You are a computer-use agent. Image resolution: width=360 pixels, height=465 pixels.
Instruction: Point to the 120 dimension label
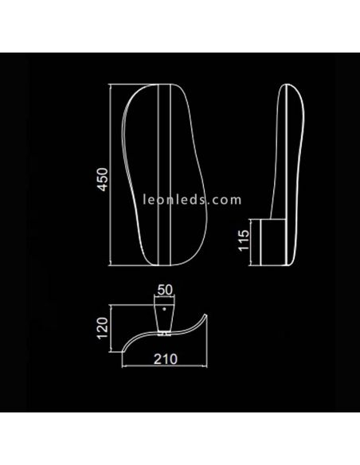tap(100, 327)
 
